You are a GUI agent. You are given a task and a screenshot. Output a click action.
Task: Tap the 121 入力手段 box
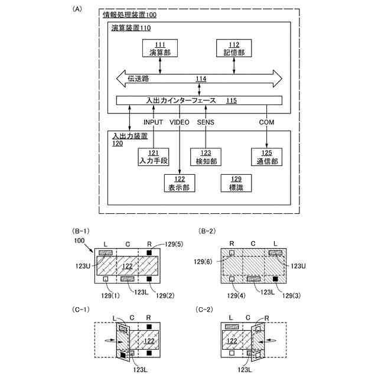(x=153, y=157)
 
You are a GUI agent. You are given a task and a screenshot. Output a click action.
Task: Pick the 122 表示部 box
(x=179, y=183)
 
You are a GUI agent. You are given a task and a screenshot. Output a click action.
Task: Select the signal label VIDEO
(x=180, y=122)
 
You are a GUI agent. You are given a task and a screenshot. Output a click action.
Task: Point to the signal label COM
(x=266, y=122)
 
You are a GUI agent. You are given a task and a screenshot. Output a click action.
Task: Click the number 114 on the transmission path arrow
(x=201, y=78)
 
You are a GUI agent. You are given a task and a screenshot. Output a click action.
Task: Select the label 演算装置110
(x=131, y=28)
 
